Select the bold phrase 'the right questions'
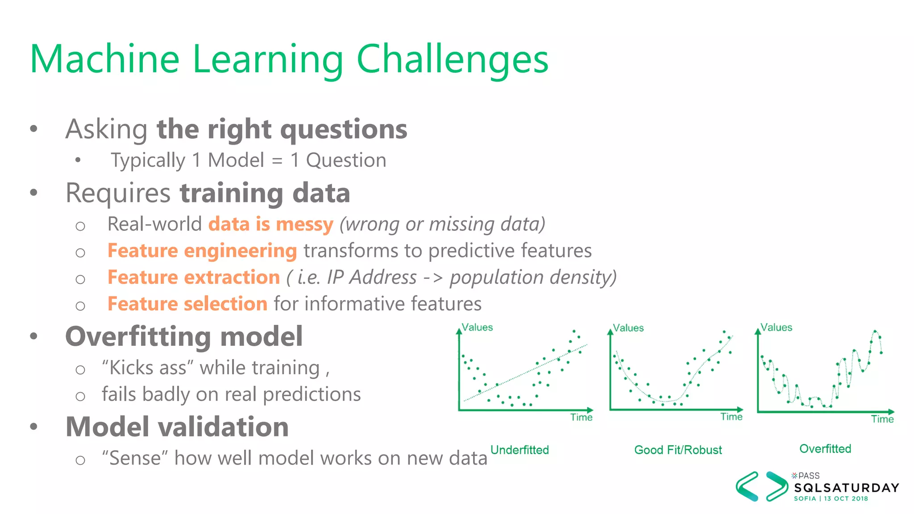tap(282, 129)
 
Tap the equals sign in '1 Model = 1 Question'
tap(277, 161)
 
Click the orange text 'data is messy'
tap(271, 224)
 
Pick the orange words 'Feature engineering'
tap(202, 251)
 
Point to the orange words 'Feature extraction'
tap(194, 278)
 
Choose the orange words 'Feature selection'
tap(187, 304)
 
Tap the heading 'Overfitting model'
tap(184, 336)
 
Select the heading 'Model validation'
tap(177, 427)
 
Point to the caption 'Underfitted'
tap(519, 450)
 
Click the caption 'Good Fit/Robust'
tap(678, 450)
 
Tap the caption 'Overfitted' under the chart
tap(825, 449)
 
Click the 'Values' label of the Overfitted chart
tap(776, 327)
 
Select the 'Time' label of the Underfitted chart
tap(581, 417)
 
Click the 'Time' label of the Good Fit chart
tap(731, 417)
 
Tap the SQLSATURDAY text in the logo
tap(846, 488)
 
